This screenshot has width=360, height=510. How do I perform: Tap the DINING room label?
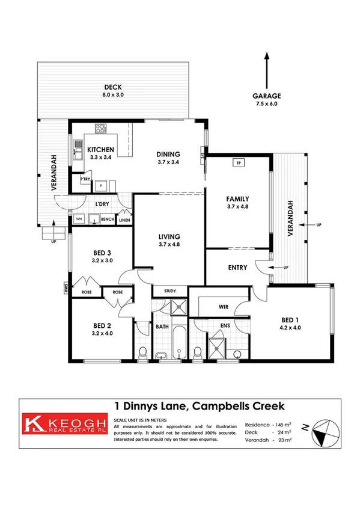(168, 154)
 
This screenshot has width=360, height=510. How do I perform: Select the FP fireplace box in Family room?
(238, 162)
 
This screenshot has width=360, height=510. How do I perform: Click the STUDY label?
(170, 292)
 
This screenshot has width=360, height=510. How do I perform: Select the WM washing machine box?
(79, 220)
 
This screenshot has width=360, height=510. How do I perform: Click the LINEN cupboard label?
(124, 221)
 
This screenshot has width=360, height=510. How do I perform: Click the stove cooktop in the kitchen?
(100, 128)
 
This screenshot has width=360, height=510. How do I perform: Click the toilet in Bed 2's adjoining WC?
(141, 352)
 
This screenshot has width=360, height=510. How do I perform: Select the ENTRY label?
(237, 268)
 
